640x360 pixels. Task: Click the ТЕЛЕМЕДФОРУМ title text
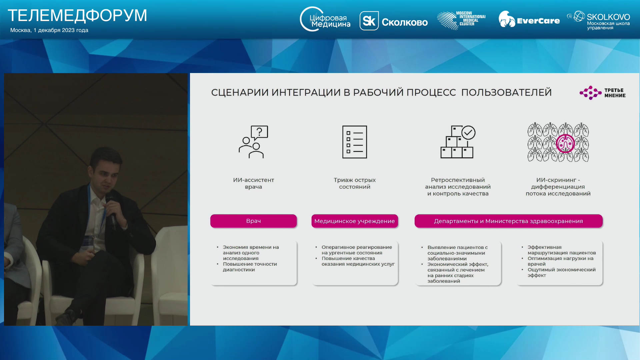coord(77,15)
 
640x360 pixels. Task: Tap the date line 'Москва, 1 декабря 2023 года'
coord(49,30)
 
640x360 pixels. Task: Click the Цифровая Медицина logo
coord(325,19)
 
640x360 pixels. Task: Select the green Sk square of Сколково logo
coord(369,21)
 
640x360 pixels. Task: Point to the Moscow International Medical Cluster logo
coord(461,20)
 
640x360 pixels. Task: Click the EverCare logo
coord(529,20)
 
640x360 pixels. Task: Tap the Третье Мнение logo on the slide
coord(603,93)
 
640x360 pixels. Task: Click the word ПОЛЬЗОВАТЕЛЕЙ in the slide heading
coord(506,92)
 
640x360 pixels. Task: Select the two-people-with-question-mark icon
coord(253,142)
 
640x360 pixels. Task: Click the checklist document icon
coord(355,142)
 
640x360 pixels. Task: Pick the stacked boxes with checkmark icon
coord(458,142)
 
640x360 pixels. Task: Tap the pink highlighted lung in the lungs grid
coord(565,143)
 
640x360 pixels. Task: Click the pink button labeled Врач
coord(253,221)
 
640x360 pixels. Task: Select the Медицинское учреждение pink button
coord(355,221)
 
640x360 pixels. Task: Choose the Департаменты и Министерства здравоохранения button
coord(508,221)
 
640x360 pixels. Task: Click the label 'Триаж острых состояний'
coord(355,183)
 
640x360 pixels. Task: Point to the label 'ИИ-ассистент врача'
coord(253,183)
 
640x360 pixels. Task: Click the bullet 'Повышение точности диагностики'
coord(250,267)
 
